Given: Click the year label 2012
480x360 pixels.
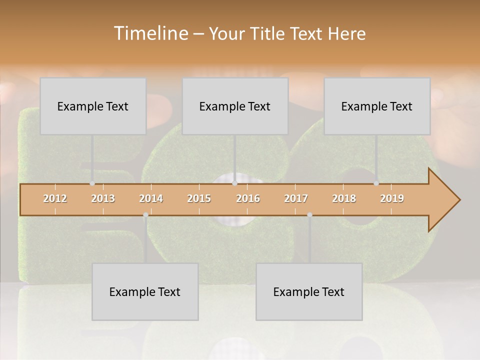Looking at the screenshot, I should pyautogui.click(x=55, y=198).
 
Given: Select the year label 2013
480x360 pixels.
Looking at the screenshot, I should pyautogui.click(x=103, y=198).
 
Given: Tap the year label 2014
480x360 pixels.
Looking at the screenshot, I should pyautogui.click(x=151, y=198).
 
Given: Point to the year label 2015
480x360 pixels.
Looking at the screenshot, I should pyautogui.click(x=199, y=198).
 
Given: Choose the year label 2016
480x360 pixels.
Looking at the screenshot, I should pyautogui.click(x=248, y=198).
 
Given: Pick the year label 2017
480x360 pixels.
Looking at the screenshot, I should pyautogui.click(x=296, y=198).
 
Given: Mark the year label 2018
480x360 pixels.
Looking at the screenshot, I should pyautogui.click(x=344, y=198).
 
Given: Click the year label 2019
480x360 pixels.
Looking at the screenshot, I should pyautogui.click(x=392, y=198).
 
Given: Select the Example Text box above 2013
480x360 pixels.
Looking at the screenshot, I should pyautogui.click(x=93, y=106).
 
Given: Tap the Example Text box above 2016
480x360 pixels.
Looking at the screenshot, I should pyautogui.click(x=235, y=106).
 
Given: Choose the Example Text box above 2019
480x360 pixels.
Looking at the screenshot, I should pyautogui.click(x=377, y=106).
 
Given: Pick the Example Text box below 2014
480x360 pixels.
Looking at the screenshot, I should pyautogui.click(x=145, y=291).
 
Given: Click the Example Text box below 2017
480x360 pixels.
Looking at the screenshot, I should pyautogui.click(x=309, y=291).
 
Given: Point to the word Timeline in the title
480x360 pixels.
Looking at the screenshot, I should pyautogui.click(x=150, y=33).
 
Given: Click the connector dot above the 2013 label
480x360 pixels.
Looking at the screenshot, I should pyautogui.click(x=92, y=183).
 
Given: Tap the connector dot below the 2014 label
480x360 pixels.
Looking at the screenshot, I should pyautogui.click(x=145, y=215).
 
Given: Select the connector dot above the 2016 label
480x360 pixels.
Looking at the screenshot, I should pyautogui.click(x=234, y=183).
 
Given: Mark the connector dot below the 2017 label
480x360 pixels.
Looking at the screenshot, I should pyautogui.click(x=309, y=215).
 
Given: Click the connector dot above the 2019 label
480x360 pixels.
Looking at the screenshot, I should pyautogui.click(x=376, y=183).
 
